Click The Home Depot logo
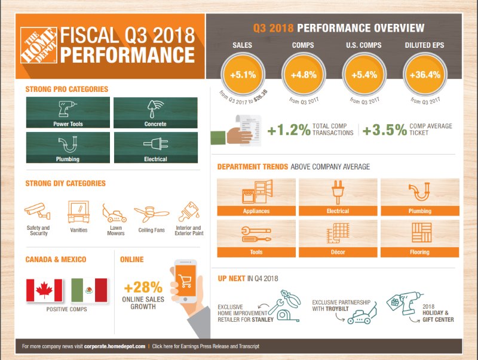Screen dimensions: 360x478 39,45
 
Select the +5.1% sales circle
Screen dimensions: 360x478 244,75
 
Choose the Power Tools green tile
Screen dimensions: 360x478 68,113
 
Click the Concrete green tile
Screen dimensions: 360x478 155,113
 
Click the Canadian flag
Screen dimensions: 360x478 45,290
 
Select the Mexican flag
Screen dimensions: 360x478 88,290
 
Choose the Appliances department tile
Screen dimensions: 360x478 255,196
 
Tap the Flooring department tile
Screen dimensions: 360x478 419,238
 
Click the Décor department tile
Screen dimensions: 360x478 338,238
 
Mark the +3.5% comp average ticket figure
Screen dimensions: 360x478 385,130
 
